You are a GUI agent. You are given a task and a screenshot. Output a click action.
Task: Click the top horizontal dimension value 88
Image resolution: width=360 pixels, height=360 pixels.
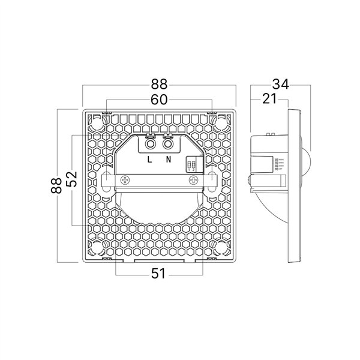pos(159,85)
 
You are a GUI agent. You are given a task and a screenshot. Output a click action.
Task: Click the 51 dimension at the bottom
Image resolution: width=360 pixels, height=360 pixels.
pos(158,274)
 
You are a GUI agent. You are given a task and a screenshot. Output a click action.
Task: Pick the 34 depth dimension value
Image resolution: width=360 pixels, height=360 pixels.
pos(281,85)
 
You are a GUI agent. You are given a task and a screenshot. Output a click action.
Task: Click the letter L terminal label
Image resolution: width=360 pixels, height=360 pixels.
pos(150,160)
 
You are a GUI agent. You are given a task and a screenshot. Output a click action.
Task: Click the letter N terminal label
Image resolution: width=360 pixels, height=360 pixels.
pos(169,160)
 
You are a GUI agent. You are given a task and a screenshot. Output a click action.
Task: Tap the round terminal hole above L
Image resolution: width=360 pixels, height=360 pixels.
pos(150,144)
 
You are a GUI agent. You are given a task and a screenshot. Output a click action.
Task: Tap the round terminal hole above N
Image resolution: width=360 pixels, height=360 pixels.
pos(169,144)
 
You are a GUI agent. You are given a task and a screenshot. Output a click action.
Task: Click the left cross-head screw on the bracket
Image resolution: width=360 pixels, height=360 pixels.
pos(125,180)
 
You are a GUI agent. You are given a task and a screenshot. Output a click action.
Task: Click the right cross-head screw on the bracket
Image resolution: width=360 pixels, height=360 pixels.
pos(194,180)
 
